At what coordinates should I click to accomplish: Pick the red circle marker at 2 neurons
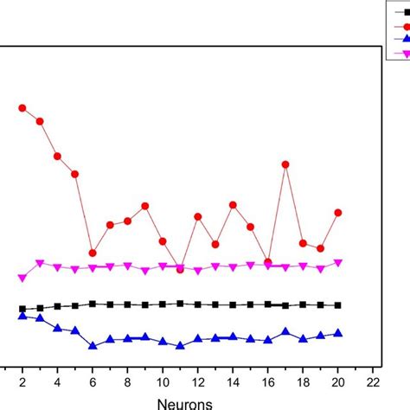[x=22, y=108]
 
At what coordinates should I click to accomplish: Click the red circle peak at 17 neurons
[x=285, y=164]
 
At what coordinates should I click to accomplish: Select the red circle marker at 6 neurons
[x=93, y=253]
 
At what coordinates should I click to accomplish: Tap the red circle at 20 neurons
[x=338, y=213]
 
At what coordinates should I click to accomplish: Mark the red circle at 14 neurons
[x=233, y=205]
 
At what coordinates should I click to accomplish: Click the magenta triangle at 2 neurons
[x=22, y=278]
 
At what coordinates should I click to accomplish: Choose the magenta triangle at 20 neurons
[x=338, y=263]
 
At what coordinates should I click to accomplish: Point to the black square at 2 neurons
[x=22, y=309]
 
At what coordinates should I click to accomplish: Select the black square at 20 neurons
[x=338, y=305]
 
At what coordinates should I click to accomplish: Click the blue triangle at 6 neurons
[x=93, y=345]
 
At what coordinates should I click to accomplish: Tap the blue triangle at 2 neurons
[x=22, y=316]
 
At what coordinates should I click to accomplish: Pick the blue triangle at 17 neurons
[x=285, y=331]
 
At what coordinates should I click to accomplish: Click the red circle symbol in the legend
[x=402, y=26]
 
